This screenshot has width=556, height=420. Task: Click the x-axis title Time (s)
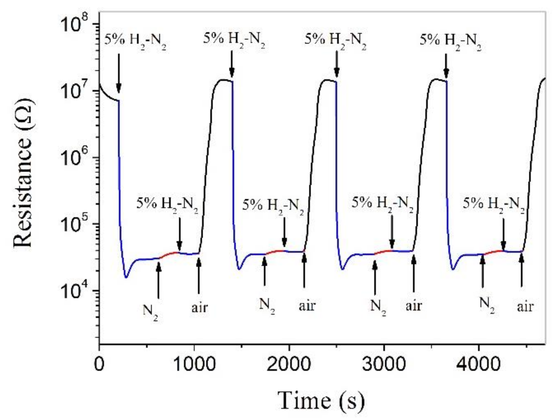click(321, 400)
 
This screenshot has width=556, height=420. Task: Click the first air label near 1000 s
click(200, 308)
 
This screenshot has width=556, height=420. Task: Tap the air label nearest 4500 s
click(525, 307)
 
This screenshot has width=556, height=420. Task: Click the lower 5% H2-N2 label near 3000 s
click(382, 204)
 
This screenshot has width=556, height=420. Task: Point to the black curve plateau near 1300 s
click(223, 80)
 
